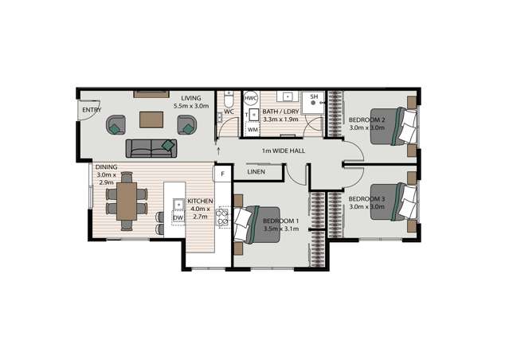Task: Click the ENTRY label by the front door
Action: (x=92, y=110)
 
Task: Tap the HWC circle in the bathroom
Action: (x=251, y=98)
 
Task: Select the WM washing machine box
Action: (x=253, y=130)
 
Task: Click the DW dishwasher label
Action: (x=178, y=217)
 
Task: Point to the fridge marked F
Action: (x=223, y=174)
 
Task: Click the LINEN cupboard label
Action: (x=256, y=172)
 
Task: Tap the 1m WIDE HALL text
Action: (x=284, y=151)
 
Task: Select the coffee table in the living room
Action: (x=151, y=119)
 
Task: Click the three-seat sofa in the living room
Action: (x=151, y=149)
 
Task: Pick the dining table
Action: (x=127, y=202)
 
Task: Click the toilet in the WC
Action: (x=229, y=100)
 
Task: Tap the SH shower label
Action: (x=314, y=96)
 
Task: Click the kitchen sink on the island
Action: (x=178, y=204)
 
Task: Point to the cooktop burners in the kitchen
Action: (x=223, y=217)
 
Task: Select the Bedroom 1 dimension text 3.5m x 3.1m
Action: (x=281, y=229)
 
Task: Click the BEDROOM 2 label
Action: (x=367, y=120)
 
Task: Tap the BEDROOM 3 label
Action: (x=367, y=199)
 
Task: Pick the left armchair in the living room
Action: (x=116, y=125)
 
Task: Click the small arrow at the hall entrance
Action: (x=218, y=151)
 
